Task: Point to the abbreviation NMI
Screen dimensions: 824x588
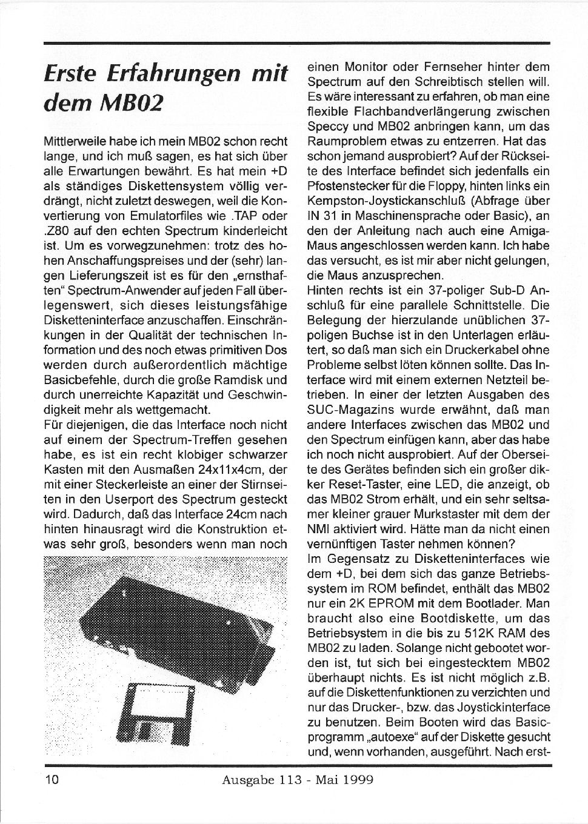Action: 318,528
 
